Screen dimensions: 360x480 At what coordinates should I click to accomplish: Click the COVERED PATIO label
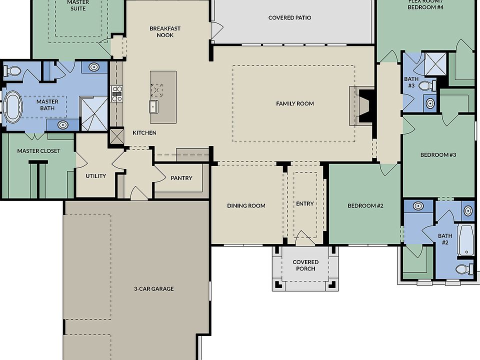289,18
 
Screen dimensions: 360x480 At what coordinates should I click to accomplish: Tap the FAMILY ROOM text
295,104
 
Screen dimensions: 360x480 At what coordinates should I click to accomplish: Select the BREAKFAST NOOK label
165,32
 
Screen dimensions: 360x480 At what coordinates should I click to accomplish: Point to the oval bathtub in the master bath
13,106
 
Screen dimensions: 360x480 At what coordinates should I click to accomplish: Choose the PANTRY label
181,178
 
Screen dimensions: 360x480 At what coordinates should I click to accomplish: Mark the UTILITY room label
95,176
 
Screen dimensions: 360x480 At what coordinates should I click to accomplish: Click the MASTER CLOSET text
38,151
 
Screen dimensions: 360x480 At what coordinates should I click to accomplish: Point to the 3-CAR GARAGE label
153,289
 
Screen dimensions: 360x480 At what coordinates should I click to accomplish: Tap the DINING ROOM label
246,205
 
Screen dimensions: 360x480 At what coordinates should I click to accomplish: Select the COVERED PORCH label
305,265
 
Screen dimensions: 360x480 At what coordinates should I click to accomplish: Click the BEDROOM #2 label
365,205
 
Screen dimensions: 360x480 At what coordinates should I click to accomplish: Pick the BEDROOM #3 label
438,155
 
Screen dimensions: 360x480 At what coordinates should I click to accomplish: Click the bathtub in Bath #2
465,240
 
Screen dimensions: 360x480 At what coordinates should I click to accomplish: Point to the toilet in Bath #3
426,85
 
